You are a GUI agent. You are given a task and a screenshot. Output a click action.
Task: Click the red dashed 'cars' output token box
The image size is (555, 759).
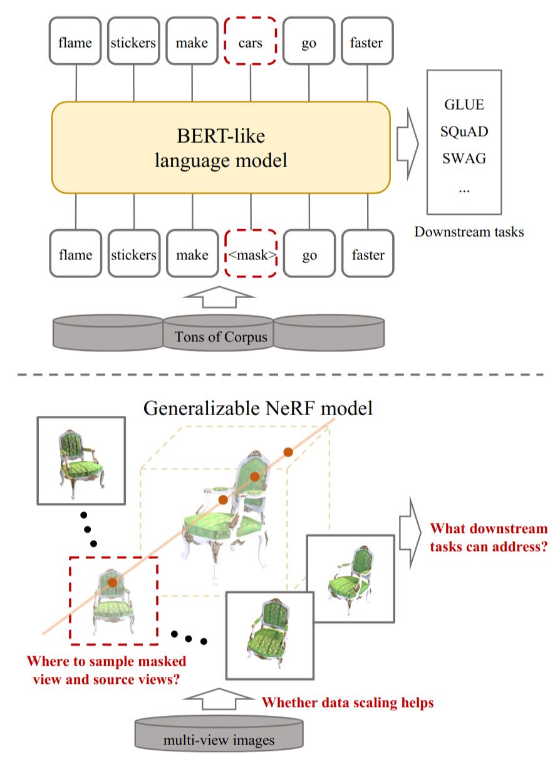(250, 41)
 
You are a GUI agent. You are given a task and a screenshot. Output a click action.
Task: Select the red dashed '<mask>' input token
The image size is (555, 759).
(251, 254)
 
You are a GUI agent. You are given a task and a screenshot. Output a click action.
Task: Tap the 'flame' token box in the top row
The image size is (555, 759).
(75, 41)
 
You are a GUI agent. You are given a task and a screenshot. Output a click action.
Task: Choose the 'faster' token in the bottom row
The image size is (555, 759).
(368, 254)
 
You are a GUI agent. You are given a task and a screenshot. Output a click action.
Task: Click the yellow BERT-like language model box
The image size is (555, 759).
(220, 147)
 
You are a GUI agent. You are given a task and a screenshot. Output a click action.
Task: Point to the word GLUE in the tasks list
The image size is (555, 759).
(464, 105)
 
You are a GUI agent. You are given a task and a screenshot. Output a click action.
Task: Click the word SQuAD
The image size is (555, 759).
(464, 131)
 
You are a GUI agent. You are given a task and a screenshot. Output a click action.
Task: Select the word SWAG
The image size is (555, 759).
(464, 158)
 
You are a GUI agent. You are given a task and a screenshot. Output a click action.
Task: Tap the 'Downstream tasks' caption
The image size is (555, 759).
(469, 232)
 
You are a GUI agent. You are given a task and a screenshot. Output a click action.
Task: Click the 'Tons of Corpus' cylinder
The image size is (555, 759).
(219, 333)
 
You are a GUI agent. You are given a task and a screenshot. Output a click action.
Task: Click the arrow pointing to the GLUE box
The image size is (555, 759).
(408, 144)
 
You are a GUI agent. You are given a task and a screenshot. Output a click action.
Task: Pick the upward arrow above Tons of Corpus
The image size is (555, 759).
(219, 297)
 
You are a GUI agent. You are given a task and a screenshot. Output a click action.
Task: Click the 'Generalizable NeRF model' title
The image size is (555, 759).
(257, 408)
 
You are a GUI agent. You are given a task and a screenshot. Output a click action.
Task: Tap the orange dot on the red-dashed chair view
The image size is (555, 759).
(112, 582)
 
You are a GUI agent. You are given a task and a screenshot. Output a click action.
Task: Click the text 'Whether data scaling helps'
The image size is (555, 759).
(348, 703)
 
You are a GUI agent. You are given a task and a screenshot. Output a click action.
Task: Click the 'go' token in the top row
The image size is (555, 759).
(309, 41)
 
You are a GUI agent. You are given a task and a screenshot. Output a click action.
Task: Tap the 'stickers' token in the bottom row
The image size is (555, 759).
(134, 254)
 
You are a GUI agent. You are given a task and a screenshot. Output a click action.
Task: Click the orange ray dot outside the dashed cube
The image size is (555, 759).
(288, 452)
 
